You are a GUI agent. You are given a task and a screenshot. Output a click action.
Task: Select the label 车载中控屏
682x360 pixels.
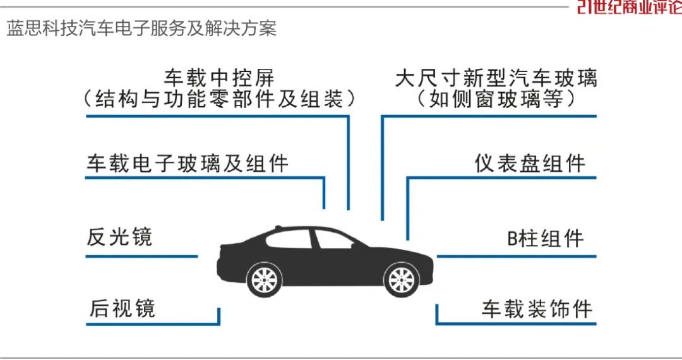[219, 78]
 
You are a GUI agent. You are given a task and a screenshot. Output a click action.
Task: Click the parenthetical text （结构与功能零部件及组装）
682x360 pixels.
[219, 100]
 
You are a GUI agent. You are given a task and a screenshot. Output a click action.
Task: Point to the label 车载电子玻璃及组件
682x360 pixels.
[187, 164]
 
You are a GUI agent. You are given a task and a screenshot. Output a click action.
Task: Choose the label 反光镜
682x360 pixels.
[119, 237]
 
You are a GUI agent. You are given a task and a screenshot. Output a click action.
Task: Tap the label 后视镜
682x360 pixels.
[121, 308]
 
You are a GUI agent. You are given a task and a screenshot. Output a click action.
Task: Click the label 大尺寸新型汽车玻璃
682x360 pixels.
[496, 78]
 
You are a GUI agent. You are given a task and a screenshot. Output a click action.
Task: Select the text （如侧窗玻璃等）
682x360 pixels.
[496, 100]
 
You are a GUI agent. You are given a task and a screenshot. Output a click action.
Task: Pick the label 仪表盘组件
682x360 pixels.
[530, 164]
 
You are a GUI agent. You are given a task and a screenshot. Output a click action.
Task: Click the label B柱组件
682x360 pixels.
[546, 239]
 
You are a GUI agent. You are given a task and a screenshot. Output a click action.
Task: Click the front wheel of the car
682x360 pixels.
[402, 279]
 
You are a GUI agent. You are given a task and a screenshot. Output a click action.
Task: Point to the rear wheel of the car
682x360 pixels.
[265, 279]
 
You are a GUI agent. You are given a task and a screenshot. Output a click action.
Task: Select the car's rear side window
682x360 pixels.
[290, 239]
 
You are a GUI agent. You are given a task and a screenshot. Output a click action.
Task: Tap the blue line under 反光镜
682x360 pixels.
[141, 256]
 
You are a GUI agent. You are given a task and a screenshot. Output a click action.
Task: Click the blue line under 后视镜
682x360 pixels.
[152, 324]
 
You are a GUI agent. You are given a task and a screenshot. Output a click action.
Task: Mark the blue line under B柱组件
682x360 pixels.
[517, 256]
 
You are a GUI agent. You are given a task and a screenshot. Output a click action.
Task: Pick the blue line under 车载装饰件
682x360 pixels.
[517, 324]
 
